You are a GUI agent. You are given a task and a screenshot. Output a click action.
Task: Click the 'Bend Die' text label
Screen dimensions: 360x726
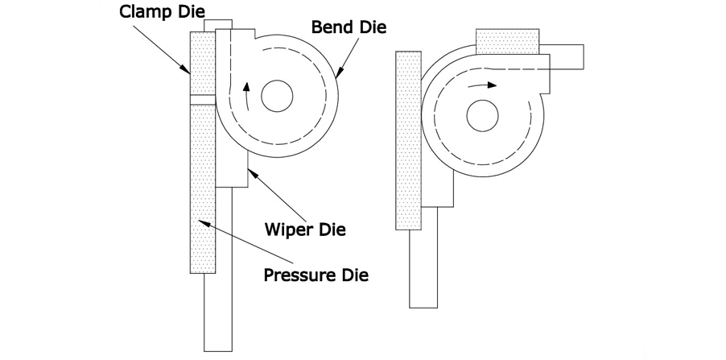click(x=349, y=27)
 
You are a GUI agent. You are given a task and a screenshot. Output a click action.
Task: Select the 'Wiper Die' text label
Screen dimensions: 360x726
click(x=305, y=230)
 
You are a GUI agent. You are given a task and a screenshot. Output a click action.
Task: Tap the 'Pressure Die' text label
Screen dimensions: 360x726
click(x=316, y=275)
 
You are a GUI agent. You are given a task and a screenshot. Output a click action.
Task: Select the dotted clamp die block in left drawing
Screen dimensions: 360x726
click(x=202, y=64)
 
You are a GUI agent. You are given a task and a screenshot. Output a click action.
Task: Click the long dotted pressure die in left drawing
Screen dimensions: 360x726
click(x=202, y=185)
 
